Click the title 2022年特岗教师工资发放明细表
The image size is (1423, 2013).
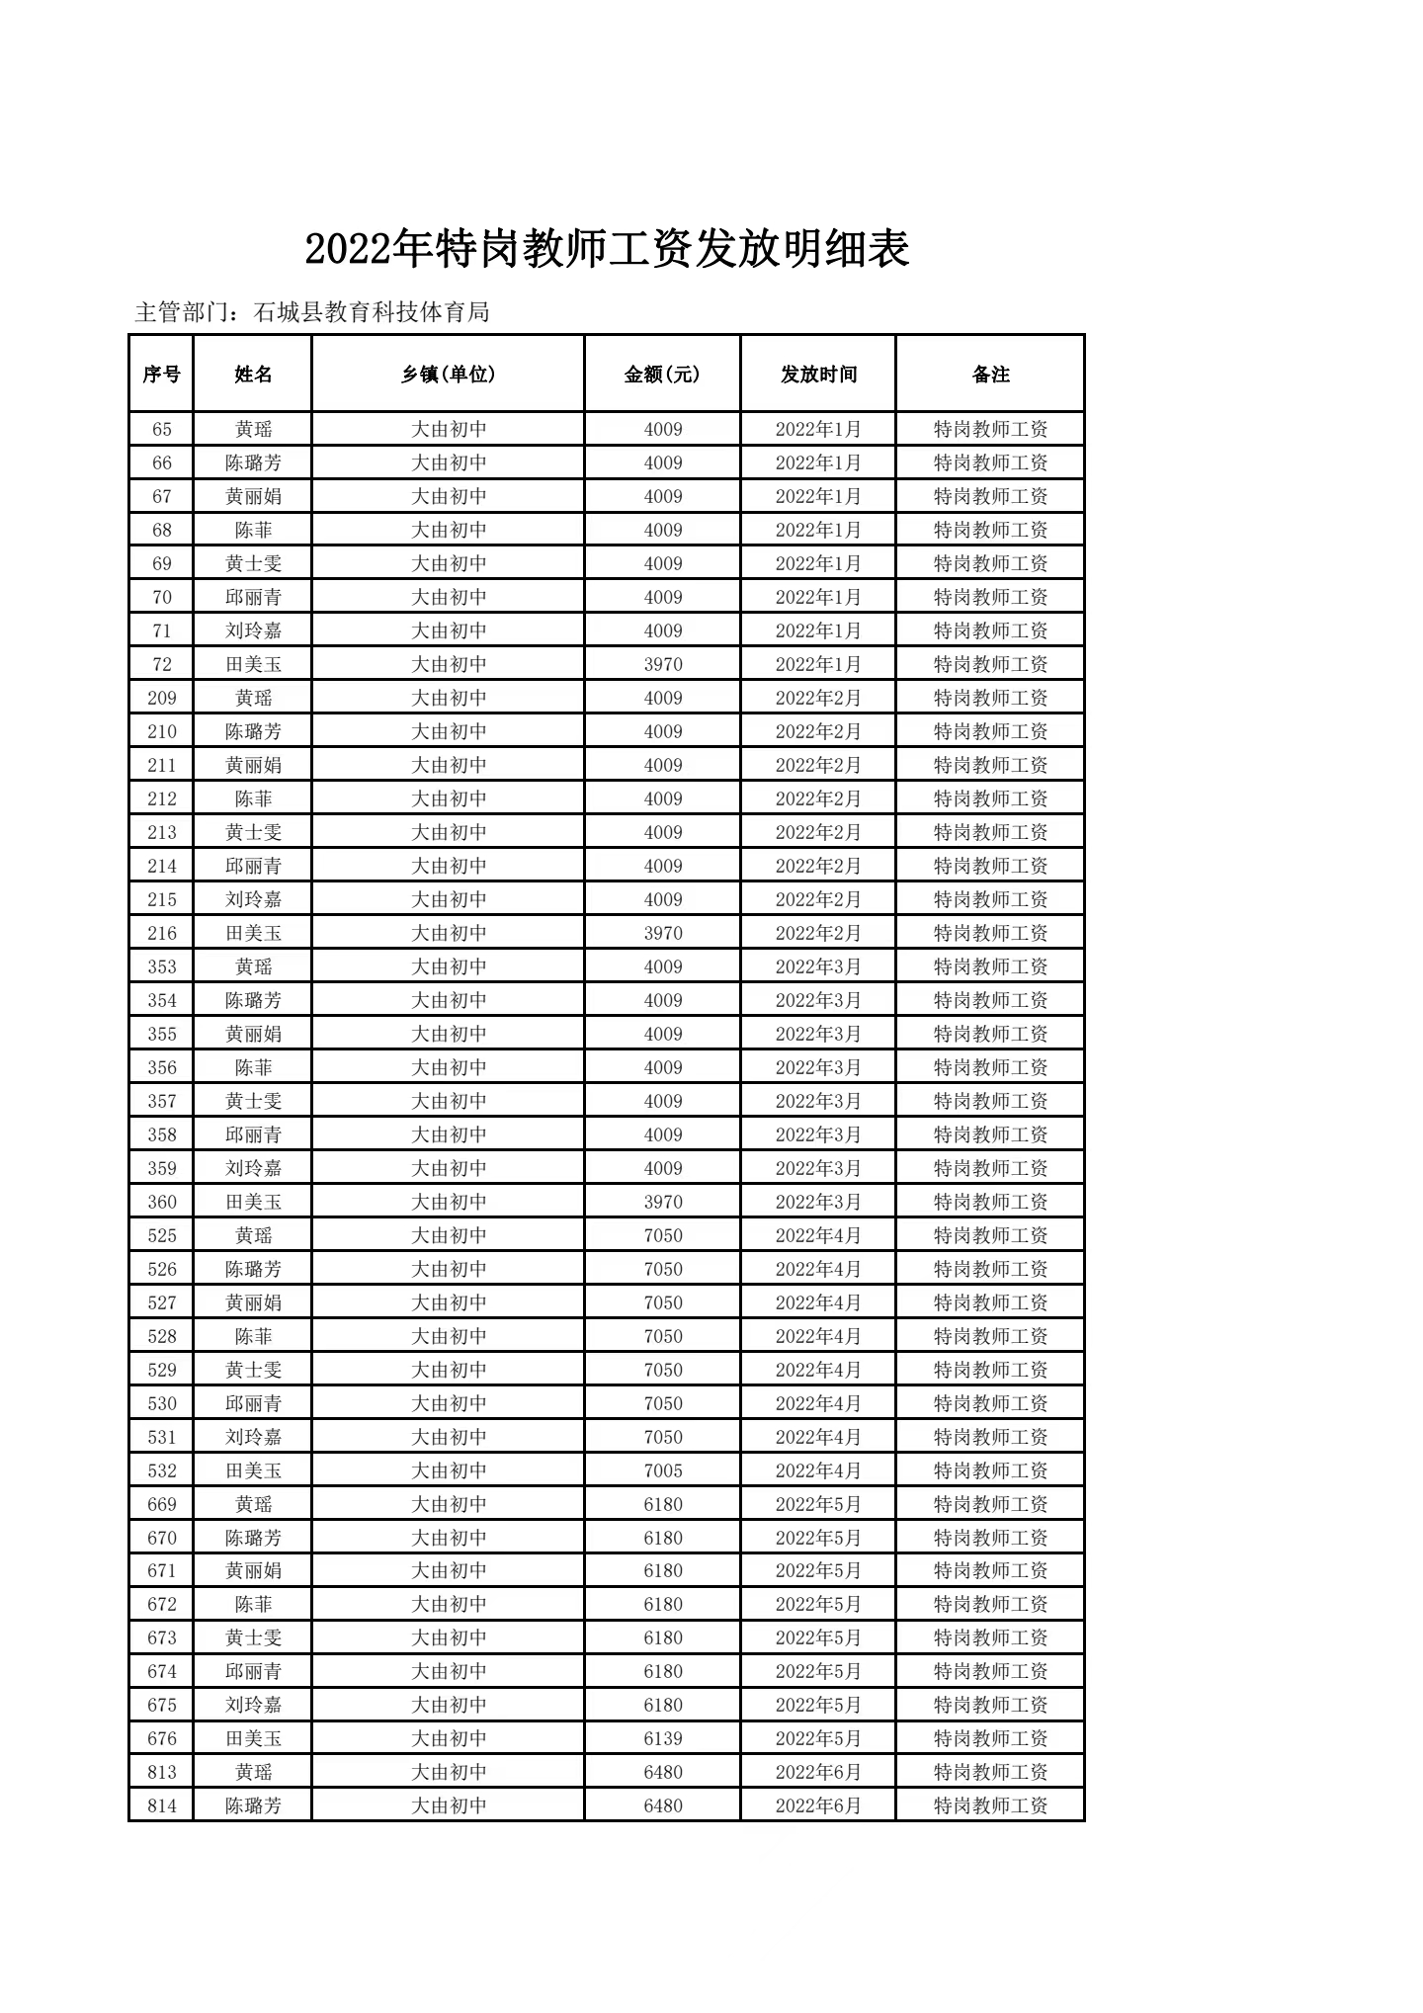607,249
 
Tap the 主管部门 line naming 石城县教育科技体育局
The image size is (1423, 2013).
312,313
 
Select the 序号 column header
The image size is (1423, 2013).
161,375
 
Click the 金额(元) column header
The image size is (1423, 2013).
662,375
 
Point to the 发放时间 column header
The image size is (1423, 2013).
818,375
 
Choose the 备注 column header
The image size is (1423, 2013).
990,375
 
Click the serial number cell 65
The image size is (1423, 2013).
161,430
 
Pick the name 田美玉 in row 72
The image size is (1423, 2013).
253,665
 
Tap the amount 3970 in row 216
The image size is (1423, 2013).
662,934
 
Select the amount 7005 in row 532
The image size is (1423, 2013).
662,1471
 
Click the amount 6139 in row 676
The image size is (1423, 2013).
662,1739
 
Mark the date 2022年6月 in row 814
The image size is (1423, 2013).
818,1806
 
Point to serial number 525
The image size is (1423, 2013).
161,1236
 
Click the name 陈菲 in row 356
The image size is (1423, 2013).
253,1068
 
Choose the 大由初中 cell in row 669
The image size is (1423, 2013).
449,1505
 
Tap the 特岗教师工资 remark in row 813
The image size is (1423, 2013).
990,1773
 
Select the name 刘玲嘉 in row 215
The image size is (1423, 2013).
253,900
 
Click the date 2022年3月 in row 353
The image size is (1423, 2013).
818,967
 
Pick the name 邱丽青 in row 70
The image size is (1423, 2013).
253,598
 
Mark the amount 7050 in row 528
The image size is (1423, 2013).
662,1337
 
